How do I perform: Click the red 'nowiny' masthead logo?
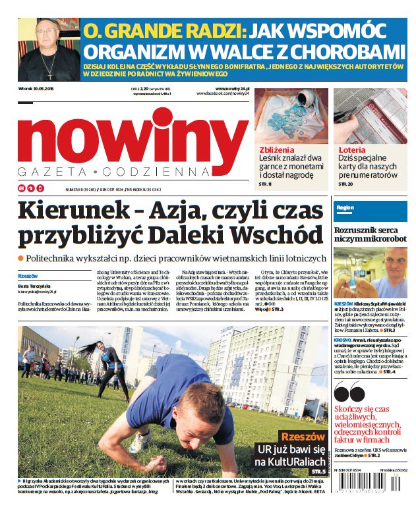(x=132, y=135)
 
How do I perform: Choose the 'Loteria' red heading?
(x=352, y=149)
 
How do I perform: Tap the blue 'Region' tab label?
(x=345, y=207)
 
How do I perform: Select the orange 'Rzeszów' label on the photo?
(x=303, y=437)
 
